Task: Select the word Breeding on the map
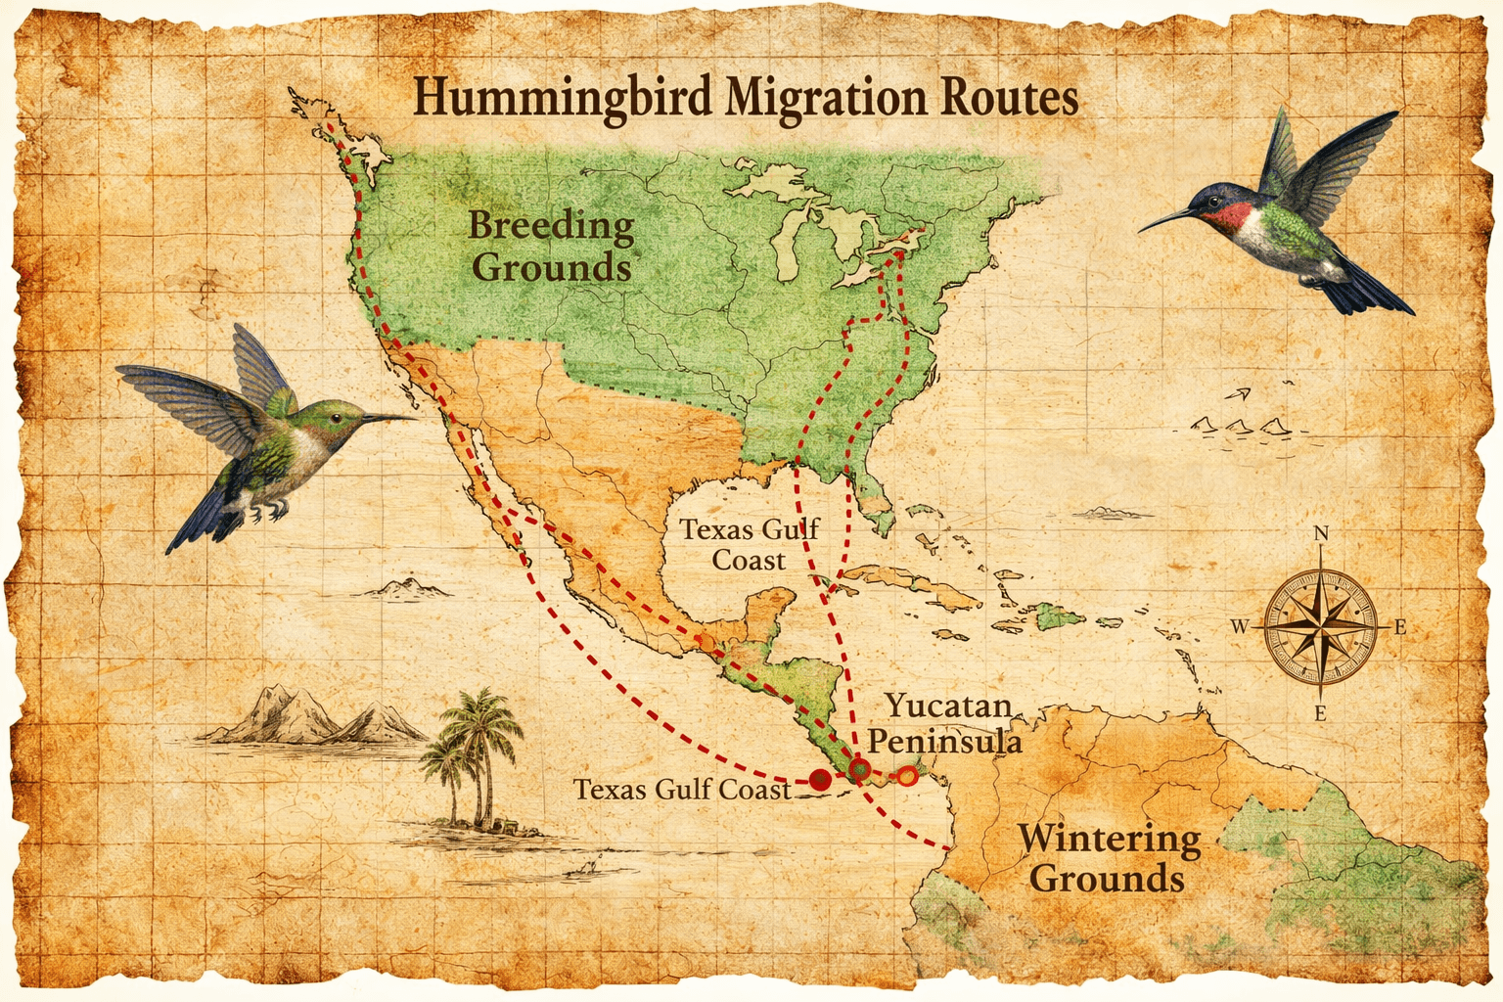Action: (x=551, y=225)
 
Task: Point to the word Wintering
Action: (x=1109, y=839)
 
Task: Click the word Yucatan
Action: (x=947, y=706)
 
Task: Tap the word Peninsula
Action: (x=944, y=740)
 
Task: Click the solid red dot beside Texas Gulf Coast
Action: (x=820, y=780)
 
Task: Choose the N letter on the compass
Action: (x=1321, y=534)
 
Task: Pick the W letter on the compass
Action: (x=1240, y=626)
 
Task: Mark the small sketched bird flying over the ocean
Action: (x=1239, y=394)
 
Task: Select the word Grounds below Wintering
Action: (x=1107, y=878)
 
